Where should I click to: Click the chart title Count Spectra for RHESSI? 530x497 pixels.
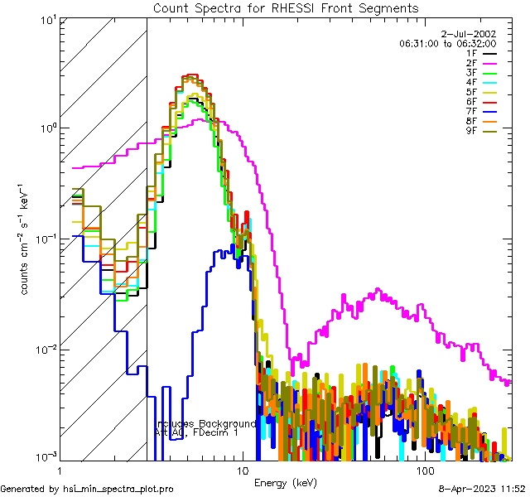(286, 7)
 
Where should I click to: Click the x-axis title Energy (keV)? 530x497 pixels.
(285, 482)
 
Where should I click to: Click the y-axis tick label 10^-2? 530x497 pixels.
(38, 349)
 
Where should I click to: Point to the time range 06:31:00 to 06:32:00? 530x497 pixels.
(447, 43)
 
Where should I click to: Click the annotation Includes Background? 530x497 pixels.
(205, 423)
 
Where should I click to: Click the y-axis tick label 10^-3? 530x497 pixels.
(38, 458)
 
